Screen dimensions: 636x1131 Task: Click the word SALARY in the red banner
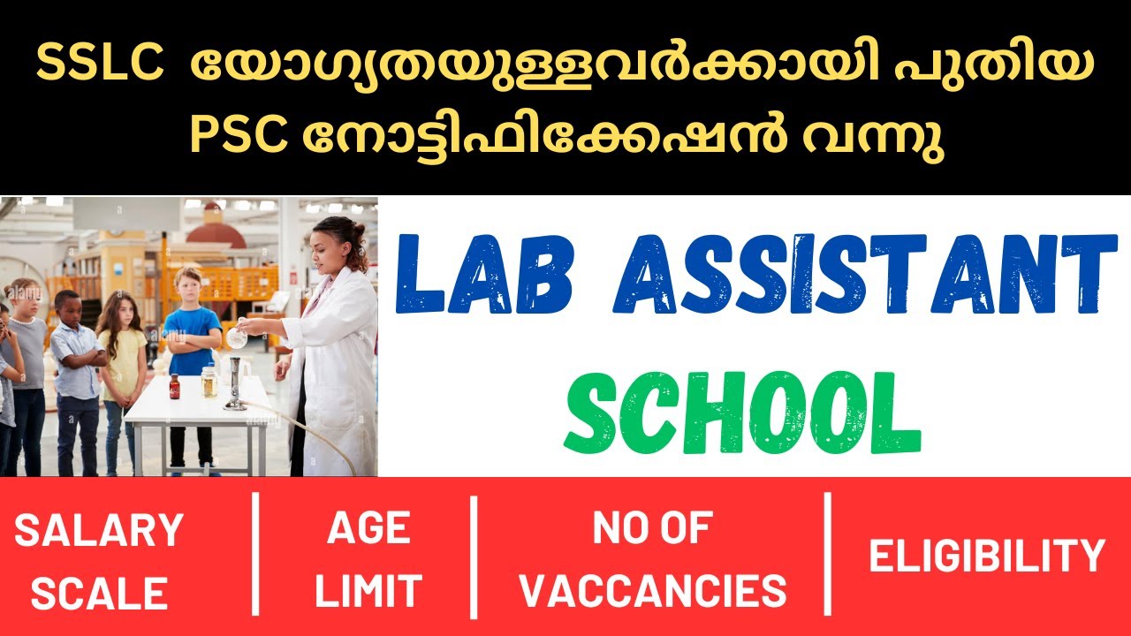tap(98, 531)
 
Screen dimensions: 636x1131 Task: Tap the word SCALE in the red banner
tap(99, 594)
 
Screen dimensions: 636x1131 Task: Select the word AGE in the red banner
tap(368, 529)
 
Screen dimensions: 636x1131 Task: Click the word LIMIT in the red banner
tap(368, 592)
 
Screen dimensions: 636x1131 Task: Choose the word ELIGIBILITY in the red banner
tap(986, 556)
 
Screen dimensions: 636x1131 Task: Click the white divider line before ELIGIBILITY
tap(828, 554)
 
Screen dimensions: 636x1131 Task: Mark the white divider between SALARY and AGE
tap(256, 554)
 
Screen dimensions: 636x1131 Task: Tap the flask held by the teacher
tap(236, 337)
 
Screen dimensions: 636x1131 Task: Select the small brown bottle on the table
tap(174, 386)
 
